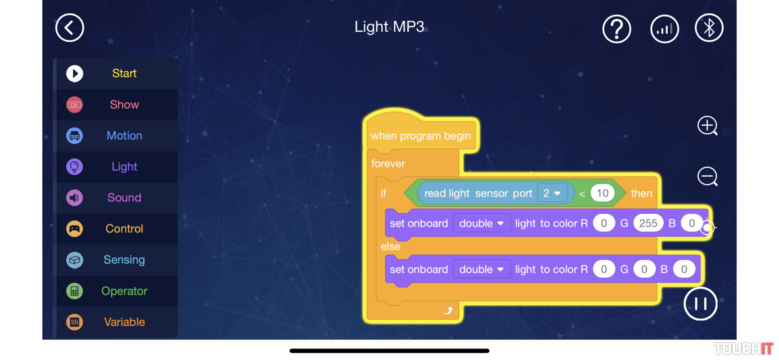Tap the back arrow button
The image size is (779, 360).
(x=70, y=28)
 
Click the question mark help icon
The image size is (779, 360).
(x=616, y=29)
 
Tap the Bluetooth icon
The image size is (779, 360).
(x=709, y=28)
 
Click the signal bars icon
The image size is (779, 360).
(x=664, y=29)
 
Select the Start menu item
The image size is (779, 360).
(x=124, y=73)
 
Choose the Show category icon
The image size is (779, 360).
(x=75, y=105)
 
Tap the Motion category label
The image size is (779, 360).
(x=124, y=135)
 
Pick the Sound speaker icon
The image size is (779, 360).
(x=75, y=198)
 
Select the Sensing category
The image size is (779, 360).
(x=124, y=260)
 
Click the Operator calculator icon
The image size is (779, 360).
(x=75, y=291)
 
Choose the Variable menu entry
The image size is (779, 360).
(x=124, y=322)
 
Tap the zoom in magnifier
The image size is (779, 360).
(x=707, y=126)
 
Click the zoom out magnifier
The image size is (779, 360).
(x=707, y=176)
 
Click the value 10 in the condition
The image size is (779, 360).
(x=602, y=193)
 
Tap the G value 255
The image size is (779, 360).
(x=648, y=223)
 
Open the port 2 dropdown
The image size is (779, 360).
(x=552, y=193)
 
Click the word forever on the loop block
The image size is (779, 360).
(x=388, y=164)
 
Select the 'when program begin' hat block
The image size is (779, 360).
(x=420, y=135)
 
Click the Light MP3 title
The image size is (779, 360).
(x=389, y=27)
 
